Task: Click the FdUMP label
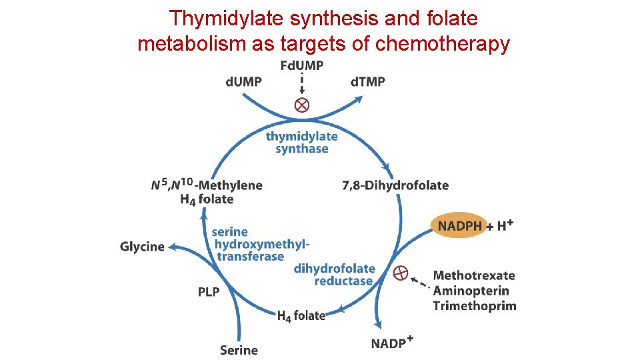click(302, 65)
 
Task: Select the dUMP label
click(243, 81)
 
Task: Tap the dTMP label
click(367, 81)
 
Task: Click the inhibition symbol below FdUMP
click(302, 105)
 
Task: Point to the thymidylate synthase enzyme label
click(302, 142)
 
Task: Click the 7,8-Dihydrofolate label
click(395, 185)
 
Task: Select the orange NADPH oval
click(460, 226)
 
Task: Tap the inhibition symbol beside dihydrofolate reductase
click(400, 272)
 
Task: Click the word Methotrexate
click(474, 275)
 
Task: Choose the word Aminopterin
click(471, 291)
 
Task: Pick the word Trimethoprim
click(474, 306)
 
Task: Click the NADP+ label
click(392, 343)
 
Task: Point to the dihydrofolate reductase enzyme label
click(335, 275)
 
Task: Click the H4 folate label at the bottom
click(301, 316)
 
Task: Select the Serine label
click(239, 349)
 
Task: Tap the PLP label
click(209, 292)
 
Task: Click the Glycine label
click(142, 247)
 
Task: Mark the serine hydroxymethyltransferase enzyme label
click(260, 244)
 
